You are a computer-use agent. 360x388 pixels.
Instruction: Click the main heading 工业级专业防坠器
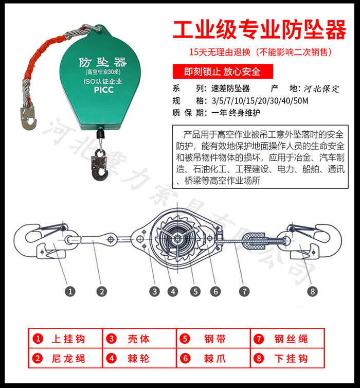pyautogui.click(x=259, y=30)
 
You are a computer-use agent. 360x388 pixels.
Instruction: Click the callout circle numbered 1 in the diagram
pyautogui.click(x=70, y=291)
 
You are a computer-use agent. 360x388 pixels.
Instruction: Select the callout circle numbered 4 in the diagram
pyautogui.click(x=173, y=291)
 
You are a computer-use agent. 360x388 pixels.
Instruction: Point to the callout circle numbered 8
pyautogui.click(x=313, y=291)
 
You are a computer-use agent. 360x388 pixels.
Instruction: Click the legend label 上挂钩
pyautogui.click(x=68, y=339)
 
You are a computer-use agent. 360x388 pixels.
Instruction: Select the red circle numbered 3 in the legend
pyautogui.click(x=111, y=339)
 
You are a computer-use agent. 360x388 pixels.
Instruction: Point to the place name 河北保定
pyautogui.click(x=321, y=89)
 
